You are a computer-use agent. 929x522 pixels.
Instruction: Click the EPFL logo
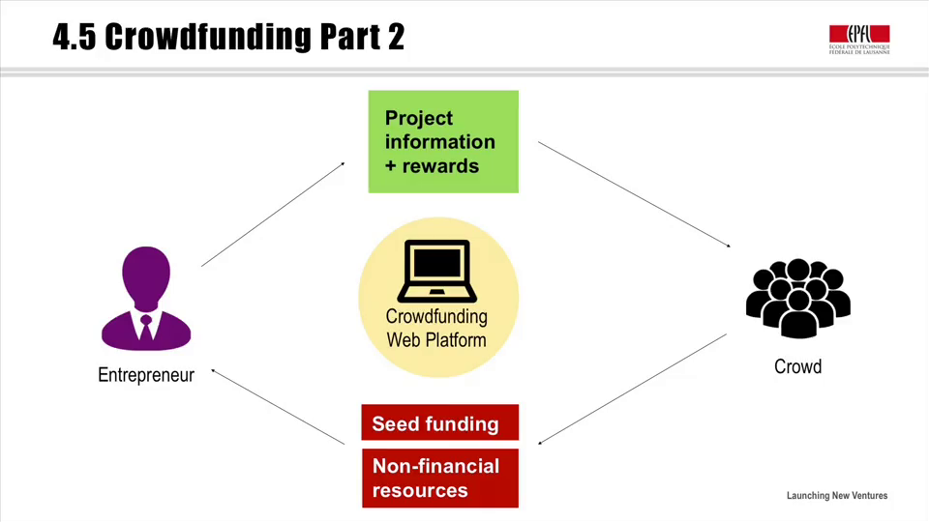click(x=859, y=40)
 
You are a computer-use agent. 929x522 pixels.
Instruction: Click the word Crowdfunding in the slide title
click(x=208, y=37)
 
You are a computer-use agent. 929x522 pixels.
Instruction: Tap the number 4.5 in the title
click(x=75, y=37)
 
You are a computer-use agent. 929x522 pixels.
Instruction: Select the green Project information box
click(x=443, y=141)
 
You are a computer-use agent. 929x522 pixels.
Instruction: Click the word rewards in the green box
click(x=440, y=165)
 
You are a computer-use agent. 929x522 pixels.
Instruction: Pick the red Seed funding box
click(x=440, y=422)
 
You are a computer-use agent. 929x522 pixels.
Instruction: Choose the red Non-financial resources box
click(x=440, y=478)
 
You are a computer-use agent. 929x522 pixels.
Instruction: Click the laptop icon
click(x=437, y=271)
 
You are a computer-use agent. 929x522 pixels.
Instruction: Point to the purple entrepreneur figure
click(x=146, y=299)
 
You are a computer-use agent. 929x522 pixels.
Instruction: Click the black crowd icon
click(x=798, y=299)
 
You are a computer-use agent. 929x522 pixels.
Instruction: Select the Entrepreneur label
click(x=146, y=375)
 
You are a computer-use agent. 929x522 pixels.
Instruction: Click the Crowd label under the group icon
click(x=798, y=367)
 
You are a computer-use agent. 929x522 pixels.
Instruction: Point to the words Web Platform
click(x=436, y=340)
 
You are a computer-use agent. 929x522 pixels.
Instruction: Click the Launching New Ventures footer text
click(x=837, y=496)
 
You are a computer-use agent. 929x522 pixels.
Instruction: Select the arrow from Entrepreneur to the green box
click(x=273, y=215)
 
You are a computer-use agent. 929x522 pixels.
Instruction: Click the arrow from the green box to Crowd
click(x=635, y=194)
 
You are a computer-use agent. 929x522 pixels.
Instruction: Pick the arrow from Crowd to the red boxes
click(x=632, y=389)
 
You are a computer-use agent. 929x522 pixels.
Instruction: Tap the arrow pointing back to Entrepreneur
click(x=278, y=407)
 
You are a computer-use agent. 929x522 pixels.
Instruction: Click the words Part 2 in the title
click(x=363, y=37)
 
